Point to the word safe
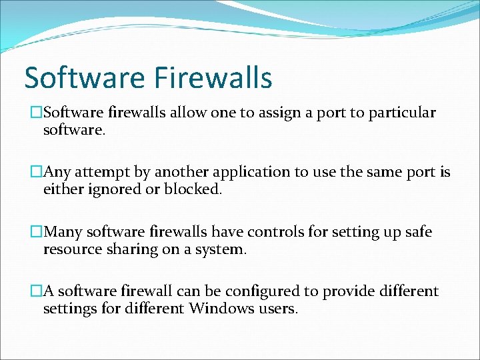[416, 232]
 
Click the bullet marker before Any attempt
[37, 173]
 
